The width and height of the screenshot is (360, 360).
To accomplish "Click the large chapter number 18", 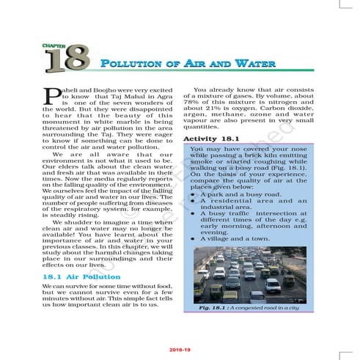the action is coord(67,59).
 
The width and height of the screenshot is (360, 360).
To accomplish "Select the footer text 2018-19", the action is coord(180,351).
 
